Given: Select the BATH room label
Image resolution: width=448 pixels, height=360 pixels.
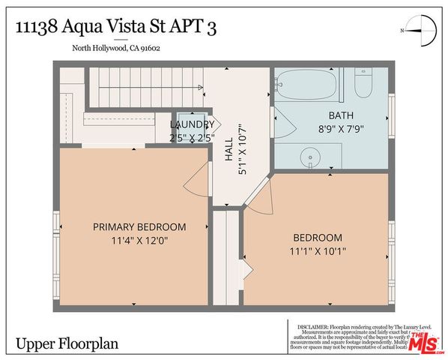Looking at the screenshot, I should [x=341, y=115].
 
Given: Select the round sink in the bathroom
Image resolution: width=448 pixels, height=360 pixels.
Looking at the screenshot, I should [x=309, y=158].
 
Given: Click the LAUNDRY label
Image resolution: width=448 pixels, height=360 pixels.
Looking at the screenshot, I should [x=193, y=124].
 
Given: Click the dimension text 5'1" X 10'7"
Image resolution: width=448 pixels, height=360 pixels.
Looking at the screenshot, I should [x=240, y=151].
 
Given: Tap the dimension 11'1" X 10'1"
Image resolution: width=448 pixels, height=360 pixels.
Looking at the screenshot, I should [x=318, y=251].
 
